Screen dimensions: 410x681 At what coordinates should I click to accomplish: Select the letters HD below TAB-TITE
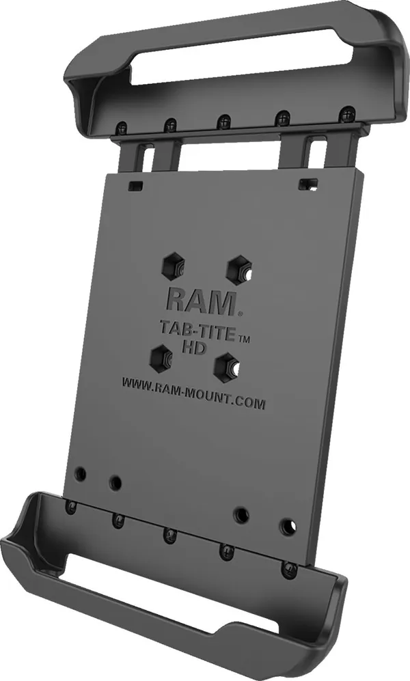coord(193,348)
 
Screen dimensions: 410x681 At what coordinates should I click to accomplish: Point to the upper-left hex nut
coord(174,268)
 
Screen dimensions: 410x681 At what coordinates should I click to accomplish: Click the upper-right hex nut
coord(240,270)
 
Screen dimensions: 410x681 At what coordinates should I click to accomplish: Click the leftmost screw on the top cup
coord(122,128)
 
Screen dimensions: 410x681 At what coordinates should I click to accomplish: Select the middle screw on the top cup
coord(223,120)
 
